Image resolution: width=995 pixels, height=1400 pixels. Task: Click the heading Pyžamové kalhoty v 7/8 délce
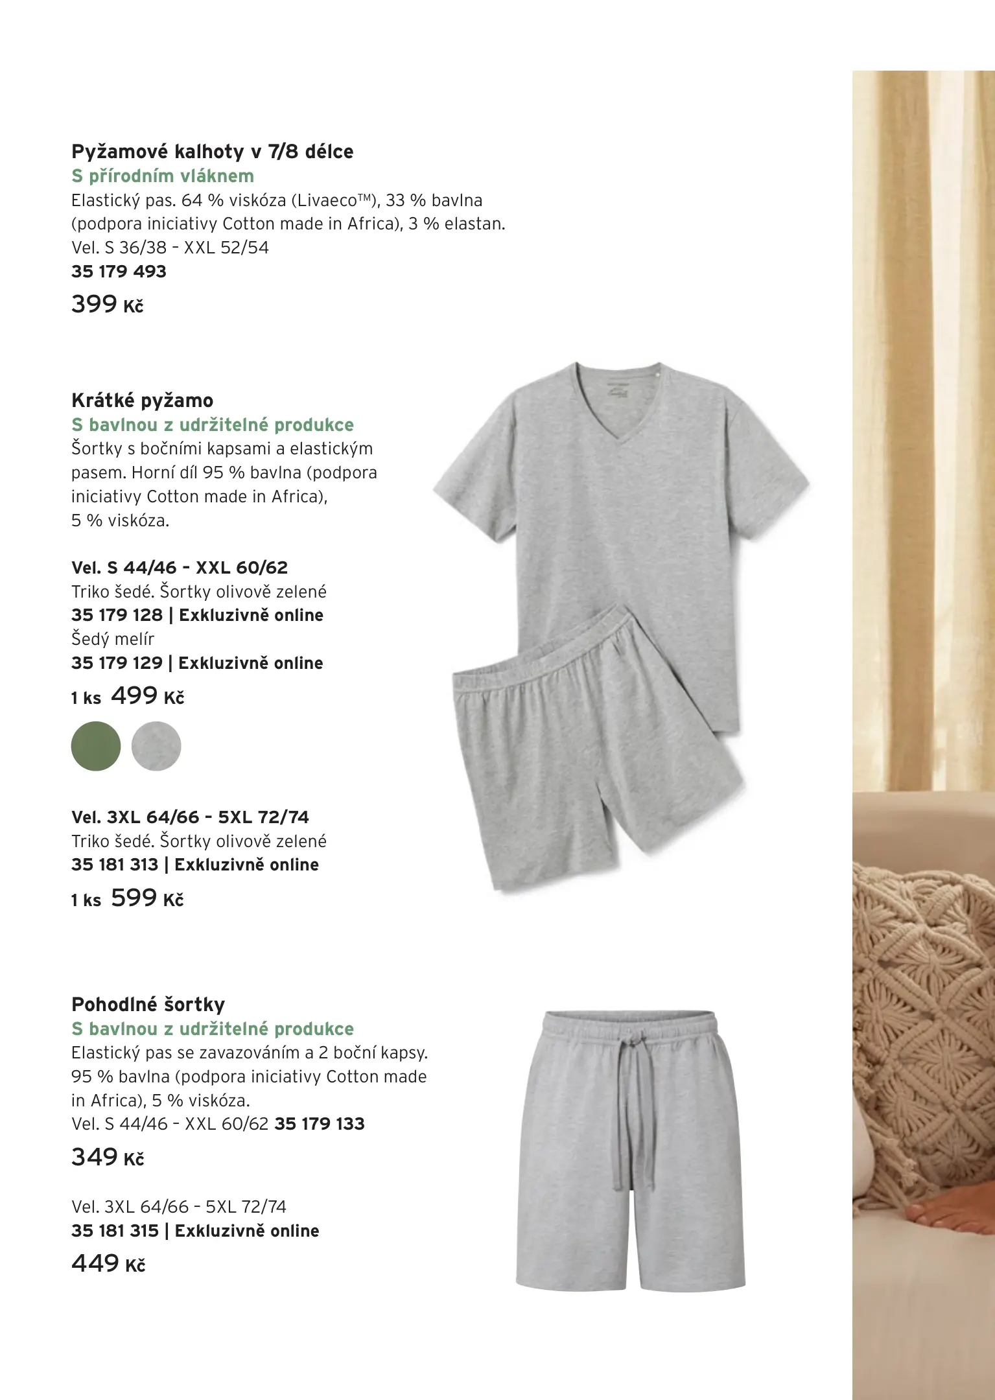click(212, 152)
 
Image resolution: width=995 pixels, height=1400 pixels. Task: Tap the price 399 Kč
click(107, 304)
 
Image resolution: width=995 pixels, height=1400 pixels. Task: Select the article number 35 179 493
click(119, 272)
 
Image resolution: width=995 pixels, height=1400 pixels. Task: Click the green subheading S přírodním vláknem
click(162, 176)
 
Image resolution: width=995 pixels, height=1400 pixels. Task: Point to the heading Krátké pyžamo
click(142, 401)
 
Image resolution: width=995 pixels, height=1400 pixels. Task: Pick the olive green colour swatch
click(96, 746)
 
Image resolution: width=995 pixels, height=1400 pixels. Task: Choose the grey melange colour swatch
click(156, 746)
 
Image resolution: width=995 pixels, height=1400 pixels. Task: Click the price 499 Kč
click(147, 696)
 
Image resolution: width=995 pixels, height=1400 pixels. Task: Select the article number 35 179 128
click(117, 615)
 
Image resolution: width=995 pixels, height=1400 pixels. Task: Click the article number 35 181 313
click(115, 865)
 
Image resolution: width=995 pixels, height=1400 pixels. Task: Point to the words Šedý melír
click(113, 639)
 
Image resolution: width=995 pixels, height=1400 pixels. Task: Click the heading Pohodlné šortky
click(148, 1005)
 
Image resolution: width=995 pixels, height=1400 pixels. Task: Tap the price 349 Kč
click(107, 1157)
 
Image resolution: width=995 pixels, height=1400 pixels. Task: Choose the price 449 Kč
click(108, 1263)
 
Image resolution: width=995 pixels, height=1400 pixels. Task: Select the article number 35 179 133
click(320, 1124)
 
